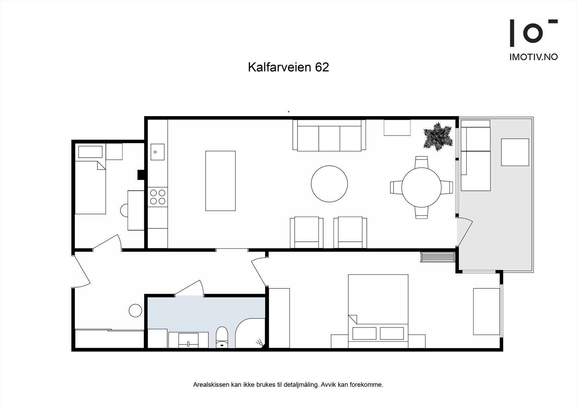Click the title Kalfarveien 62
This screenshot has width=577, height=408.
click(x=288, y=67)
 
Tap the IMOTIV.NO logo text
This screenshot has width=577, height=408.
click(x=533, y=57)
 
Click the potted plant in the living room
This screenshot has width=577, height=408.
click(x=437, y=136)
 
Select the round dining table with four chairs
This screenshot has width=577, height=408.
click(x=421, y=188)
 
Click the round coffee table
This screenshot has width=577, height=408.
click(x=329, y=184)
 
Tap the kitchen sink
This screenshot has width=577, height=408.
click(x=157, y=152)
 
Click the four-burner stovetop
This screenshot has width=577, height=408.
click(x=158, y=197)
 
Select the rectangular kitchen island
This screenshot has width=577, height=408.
click(x=220, y=181)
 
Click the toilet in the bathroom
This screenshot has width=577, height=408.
click(x=221, y=337)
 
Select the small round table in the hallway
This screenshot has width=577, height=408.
click(x=136, y=310)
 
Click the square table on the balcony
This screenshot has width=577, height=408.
click(x=515, y=152)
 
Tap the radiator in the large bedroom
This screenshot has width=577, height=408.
click(x=437, y=258)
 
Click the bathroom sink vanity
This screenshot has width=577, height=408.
click(x=188, y=339)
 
